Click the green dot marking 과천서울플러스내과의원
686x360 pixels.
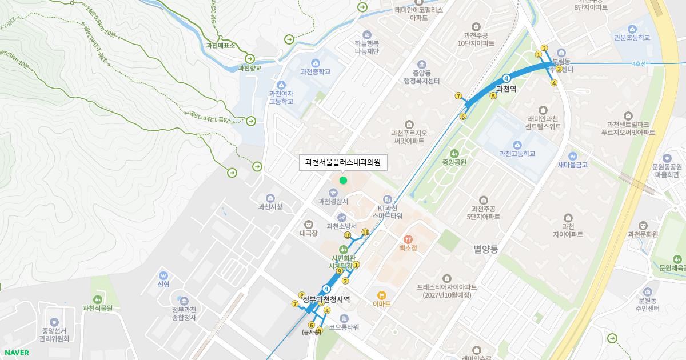343,181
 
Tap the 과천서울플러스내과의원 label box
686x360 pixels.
343,162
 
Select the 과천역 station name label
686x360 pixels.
506,89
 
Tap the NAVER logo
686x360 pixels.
17,353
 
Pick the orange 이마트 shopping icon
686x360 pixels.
381,295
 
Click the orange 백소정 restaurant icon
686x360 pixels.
408,239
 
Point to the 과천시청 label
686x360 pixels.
270,207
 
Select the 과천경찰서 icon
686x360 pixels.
333,192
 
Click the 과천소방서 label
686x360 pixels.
341,226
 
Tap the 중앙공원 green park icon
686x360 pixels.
454,153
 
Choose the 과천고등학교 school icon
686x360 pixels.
517,145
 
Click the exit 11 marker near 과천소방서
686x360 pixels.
365,232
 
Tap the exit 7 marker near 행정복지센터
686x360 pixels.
458,96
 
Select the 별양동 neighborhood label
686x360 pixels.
486,250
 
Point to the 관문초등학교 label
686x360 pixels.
632,38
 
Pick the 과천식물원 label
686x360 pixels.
97,309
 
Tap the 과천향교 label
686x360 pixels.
250,68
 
